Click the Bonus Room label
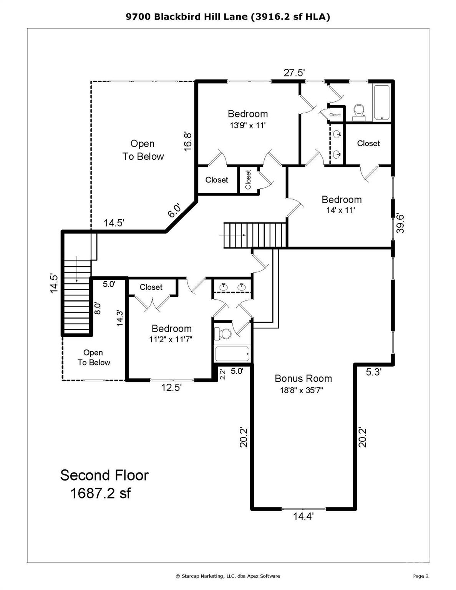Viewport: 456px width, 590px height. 303,378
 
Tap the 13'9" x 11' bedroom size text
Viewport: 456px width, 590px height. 247,126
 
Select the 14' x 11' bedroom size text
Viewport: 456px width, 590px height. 341,210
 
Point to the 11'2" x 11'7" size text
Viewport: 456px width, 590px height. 171,340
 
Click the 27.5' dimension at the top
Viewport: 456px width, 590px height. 295,73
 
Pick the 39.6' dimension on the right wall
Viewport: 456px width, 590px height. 400,224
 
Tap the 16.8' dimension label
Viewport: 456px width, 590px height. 188,141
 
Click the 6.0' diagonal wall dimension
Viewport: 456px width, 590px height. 174,210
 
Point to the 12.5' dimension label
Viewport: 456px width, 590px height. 171,388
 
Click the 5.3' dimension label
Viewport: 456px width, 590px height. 374,372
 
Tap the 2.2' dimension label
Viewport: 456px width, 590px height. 222,374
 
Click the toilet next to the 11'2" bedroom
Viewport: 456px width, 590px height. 222,333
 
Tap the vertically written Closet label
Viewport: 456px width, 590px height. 248,179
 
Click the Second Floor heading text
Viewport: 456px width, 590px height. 104,475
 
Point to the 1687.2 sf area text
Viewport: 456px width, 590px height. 100,493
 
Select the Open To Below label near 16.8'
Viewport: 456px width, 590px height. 143,150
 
